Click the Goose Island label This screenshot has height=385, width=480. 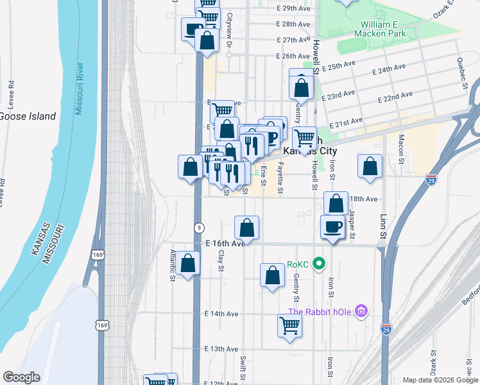point(27,116)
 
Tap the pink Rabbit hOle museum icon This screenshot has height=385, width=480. point(361,312)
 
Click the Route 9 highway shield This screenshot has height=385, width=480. point(200,228)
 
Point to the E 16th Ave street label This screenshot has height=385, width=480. point(225,244)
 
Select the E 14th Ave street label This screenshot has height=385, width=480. point(221,314)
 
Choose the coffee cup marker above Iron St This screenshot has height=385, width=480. point(332,227)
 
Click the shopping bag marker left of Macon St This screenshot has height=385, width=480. point(370,166)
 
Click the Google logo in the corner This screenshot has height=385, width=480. point(21,377)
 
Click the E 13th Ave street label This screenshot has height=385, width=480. point(221,349)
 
